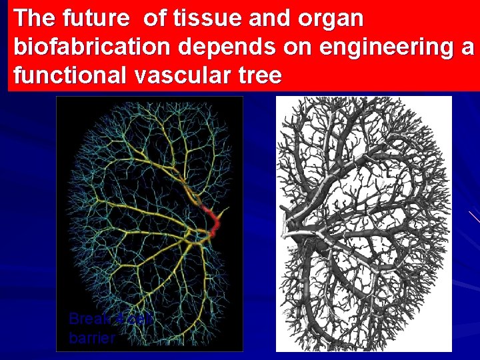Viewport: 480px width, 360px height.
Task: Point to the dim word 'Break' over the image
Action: point(89,319)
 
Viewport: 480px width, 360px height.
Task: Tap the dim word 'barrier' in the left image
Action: point(92,338)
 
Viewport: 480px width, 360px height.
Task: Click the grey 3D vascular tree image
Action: point(364,223)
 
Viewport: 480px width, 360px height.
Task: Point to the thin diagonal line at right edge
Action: point(474,216)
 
